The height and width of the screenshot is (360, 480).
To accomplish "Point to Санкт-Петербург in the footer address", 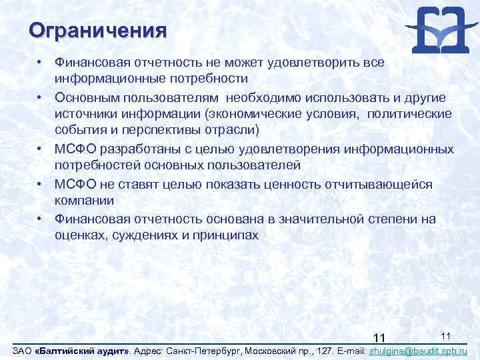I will point(198,350).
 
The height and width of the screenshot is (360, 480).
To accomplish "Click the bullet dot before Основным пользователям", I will point(41,97).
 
